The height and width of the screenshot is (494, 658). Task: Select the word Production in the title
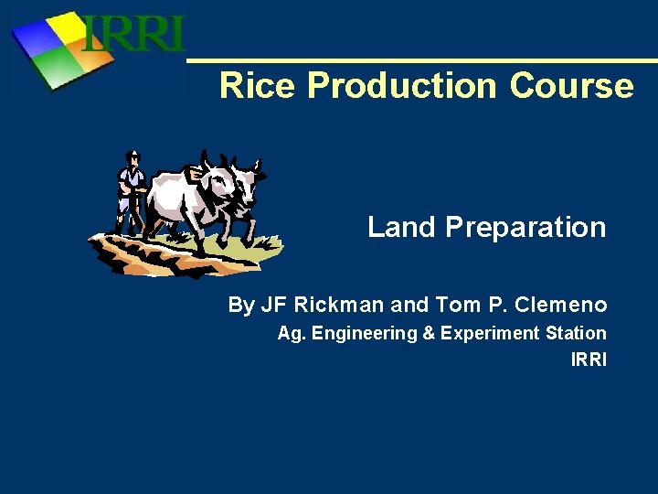[403, 86]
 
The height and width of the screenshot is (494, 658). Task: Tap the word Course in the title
[571, 86]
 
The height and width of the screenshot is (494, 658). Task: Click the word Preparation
[525, 227]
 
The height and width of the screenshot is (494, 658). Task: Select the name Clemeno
[562, 305]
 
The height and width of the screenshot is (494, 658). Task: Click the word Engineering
[365, 334]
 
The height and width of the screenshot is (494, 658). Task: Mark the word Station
[576, 333]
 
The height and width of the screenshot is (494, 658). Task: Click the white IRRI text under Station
[589, 360]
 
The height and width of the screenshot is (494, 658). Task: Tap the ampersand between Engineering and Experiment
[428, 334]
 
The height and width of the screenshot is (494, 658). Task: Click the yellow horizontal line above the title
[420, 61]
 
